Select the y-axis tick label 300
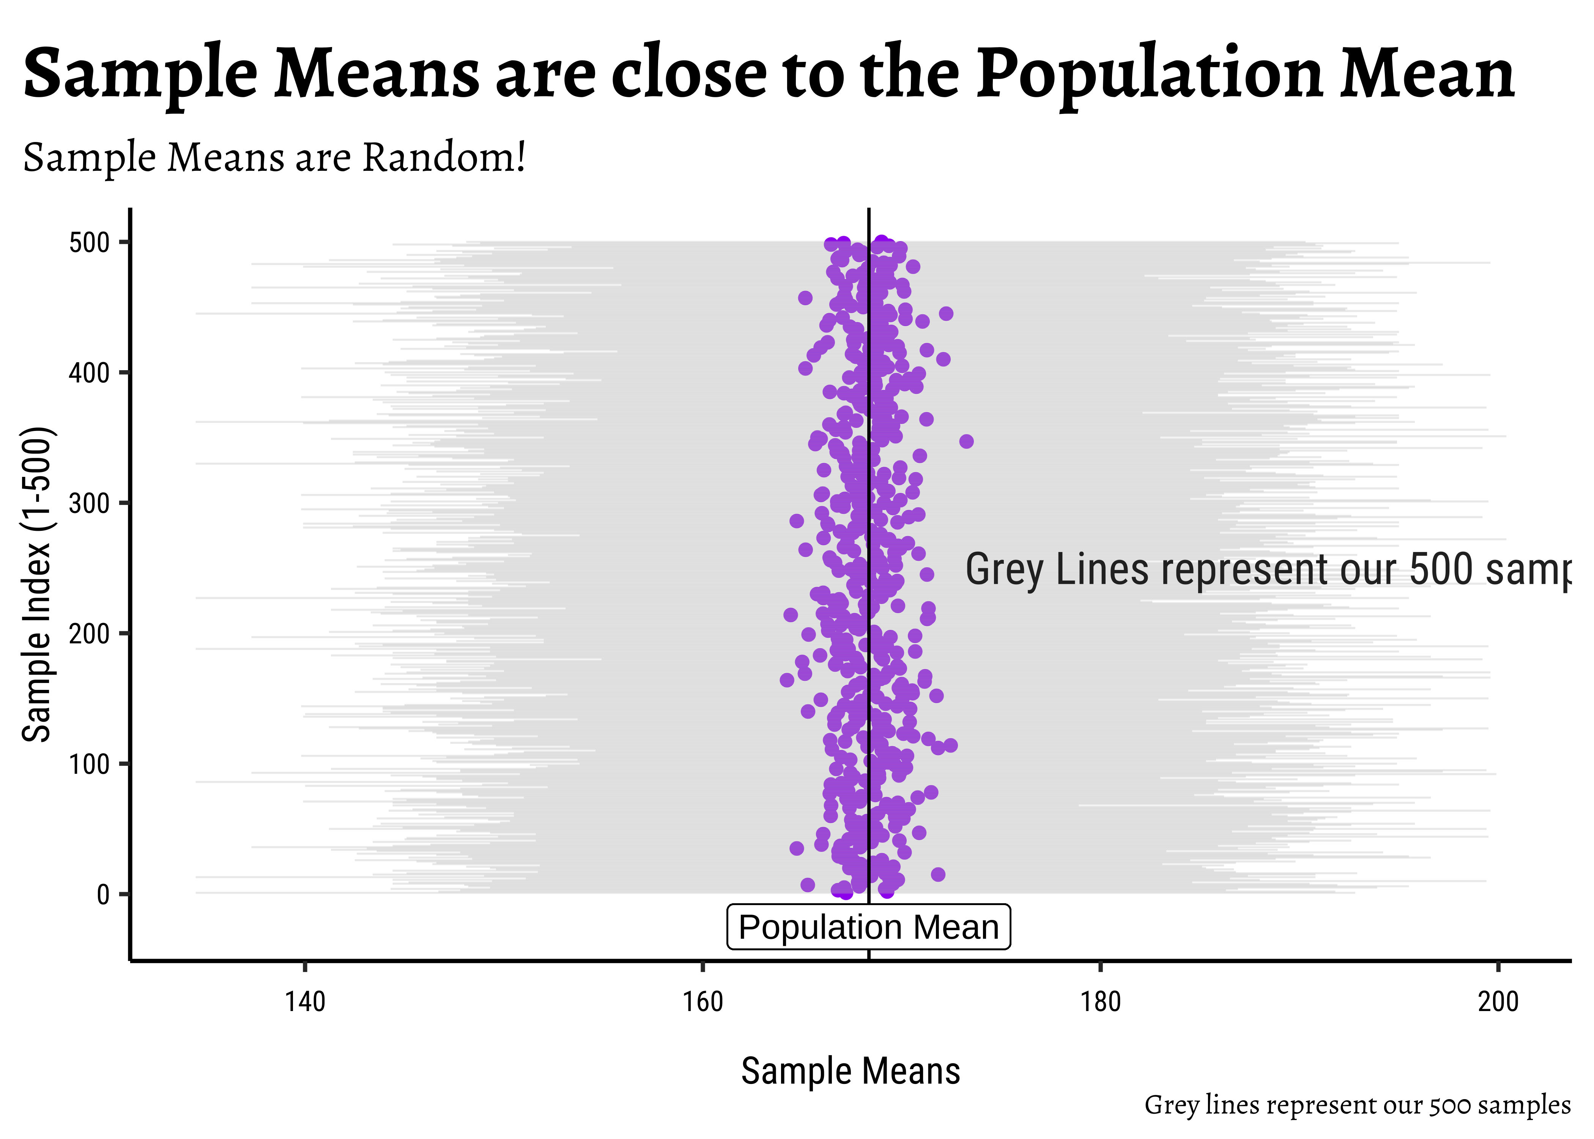pos(89,503)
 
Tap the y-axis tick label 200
pos(89,634)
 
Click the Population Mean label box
pos(868,927)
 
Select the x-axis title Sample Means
pos(850,1071)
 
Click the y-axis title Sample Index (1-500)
pos(36,584)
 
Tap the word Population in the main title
pos(1150,74)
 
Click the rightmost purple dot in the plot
pos(966,441)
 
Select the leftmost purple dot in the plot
pos(786,680)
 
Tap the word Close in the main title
pos(690,74)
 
